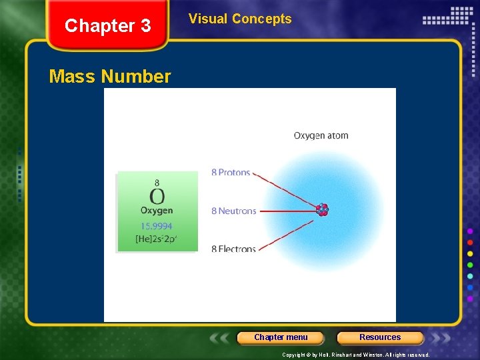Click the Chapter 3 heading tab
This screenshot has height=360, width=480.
[x=107, y=26]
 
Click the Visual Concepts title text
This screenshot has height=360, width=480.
[x=240, y=19]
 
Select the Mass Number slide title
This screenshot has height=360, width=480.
[x=110, y=77]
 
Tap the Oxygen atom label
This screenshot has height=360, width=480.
[x=321, y=135]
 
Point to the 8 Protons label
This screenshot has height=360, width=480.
[x=231, y=173]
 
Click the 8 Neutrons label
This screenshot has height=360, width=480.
[x=233, y=211]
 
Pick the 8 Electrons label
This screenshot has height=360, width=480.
[x=233, y=249]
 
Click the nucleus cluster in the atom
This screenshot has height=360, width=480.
[x=323, y=210]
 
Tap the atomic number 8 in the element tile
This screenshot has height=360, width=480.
[x=157, y=182]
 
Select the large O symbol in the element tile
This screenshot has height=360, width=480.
[x=157, y=197]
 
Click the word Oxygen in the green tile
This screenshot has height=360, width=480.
[x=157, y=211]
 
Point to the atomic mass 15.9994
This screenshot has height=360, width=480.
[x=157, y=226]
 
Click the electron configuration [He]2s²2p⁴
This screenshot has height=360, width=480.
[x=157, y=239]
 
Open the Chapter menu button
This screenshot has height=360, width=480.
[x=281, y=337]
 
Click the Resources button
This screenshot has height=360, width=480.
[x=380, y=337]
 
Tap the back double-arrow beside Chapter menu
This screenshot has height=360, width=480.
[x=219, y=338]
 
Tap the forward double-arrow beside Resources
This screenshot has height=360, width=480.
[x=442, y=338]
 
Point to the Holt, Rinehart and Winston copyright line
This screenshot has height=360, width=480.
[x=355, y=355]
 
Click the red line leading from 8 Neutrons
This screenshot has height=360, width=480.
[x=287, y=211]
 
